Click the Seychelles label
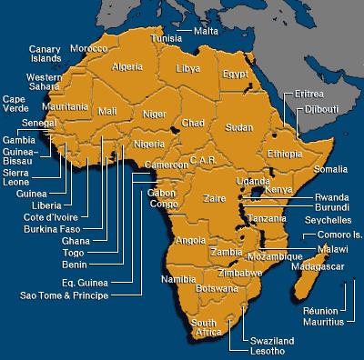[327, 220]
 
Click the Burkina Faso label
[55, 229]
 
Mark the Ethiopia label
[284, 154]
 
